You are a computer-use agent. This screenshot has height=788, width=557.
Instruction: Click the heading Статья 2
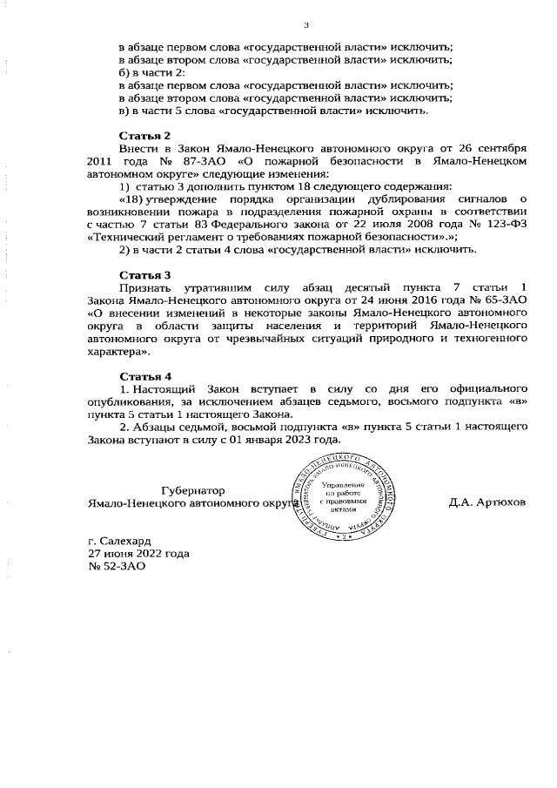pos(144,136)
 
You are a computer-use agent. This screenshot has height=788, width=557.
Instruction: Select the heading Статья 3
pos(144,275)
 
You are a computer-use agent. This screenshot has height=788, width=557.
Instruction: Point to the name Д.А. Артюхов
pos(487,503)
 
